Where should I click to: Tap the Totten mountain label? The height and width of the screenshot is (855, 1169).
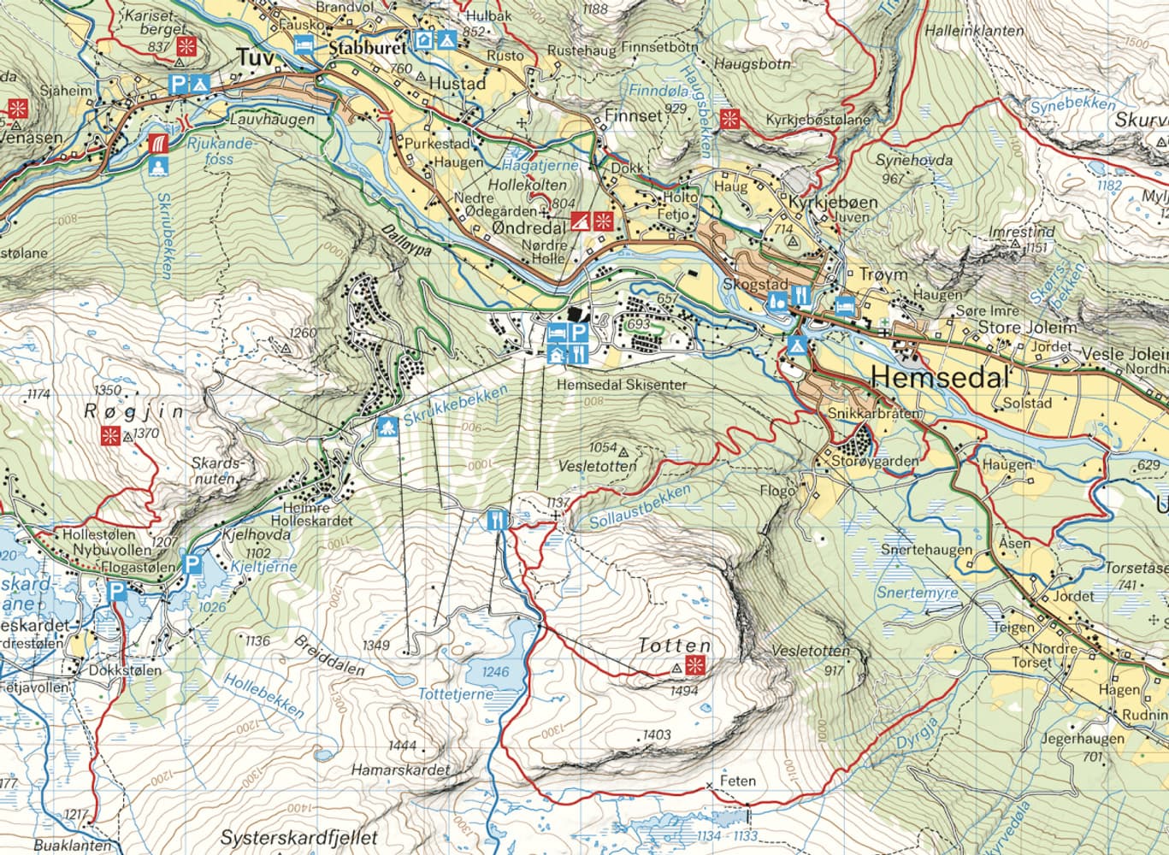point(674,646)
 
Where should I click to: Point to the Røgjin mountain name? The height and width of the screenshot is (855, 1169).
point(133,411)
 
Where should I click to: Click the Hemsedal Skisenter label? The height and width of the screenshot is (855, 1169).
point(621,386)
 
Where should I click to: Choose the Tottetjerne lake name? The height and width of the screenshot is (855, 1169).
point(455,694)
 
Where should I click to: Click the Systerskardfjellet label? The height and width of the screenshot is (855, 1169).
point(298,838)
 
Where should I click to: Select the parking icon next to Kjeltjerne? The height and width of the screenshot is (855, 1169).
point(192,565)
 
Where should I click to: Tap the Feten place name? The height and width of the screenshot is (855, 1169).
point(738,781)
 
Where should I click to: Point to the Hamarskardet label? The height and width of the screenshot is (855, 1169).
point(399,770)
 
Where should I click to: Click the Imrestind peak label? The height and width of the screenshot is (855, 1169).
point(1021,232)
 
